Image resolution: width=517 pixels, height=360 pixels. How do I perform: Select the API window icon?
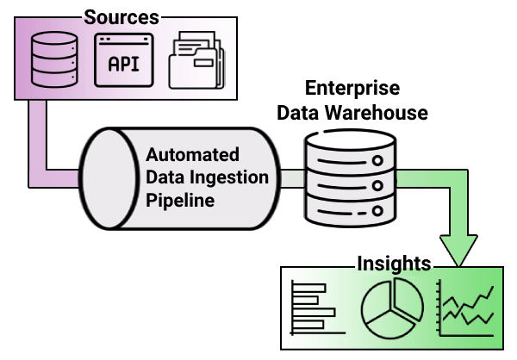click(x=123, y=59)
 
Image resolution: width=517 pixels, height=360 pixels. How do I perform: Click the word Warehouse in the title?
click(x=382, y=112)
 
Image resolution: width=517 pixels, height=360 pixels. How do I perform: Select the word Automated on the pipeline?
click(x=192, y=155)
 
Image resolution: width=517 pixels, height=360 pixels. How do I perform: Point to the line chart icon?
click(x=466, y=308)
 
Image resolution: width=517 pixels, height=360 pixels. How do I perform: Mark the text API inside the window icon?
click(x=123, y=65)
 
